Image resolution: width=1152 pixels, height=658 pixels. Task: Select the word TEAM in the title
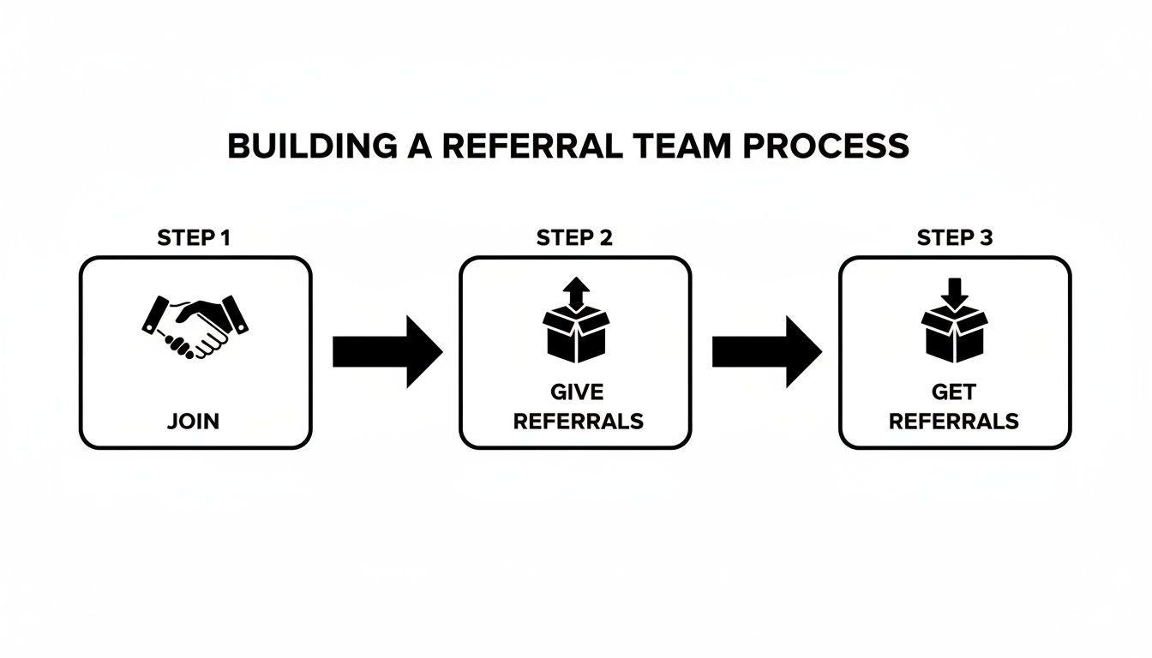click(681, 147)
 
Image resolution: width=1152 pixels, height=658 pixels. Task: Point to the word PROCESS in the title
click(825, 147)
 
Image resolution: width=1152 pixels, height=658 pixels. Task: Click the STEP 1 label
click(194, 238)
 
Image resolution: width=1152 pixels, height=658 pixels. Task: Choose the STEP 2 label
click(574, 238)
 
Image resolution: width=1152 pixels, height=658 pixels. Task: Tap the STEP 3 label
click(955, 238)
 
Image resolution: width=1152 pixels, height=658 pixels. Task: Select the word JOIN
click(194, 421)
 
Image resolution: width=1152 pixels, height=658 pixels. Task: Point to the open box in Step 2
click(576, 337)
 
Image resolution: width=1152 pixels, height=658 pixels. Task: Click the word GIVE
click(576, 392)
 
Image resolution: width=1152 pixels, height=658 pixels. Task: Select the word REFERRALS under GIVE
click(576, 421)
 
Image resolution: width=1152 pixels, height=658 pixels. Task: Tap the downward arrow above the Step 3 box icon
click(955, 291)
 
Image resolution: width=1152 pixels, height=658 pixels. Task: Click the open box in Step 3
click(955, 337)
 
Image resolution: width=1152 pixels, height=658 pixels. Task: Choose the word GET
click(954, 392)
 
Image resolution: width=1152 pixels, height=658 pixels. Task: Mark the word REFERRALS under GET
click(954, 421)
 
